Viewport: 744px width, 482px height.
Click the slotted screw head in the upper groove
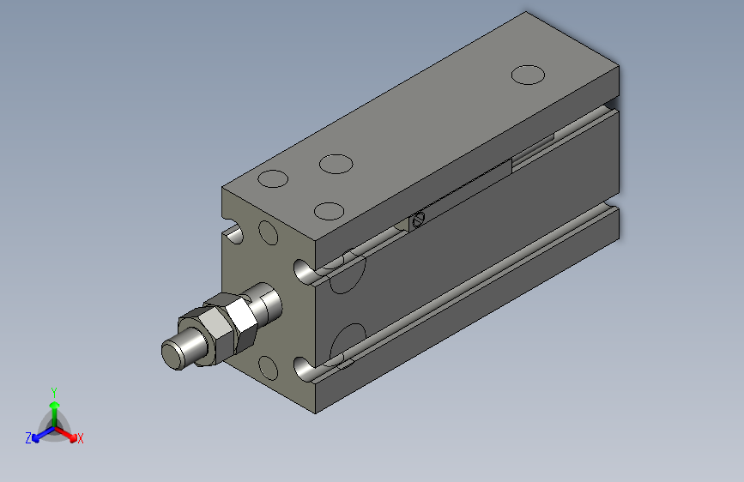[419, 220]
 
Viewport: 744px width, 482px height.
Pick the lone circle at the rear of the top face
[528, 75]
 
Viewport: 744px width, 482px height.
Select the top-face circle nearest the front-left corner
[273, 179]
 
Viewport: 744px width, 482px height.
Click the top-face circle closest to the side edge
[330, 210]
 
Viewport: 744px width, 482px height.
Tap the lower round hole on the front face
[269, 368]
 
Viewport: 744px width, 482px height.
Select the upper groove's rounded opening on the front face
[304, 272]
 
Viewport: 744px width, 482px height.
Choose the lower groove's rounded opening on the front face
[304, 371]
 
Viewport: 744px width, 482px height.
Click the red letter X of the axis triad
[80, 438]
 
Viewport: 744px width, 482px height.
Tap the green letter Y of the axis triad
[54, 390]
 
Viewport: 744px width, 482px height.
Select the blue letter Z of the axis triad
[28, 438]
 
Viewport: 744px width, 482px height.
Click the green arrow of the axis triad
[54, 407]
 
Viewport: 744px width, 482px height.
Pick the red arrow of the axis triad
[68, 433]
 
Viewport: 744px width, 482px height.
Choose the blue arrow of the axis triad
[39, 434]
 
